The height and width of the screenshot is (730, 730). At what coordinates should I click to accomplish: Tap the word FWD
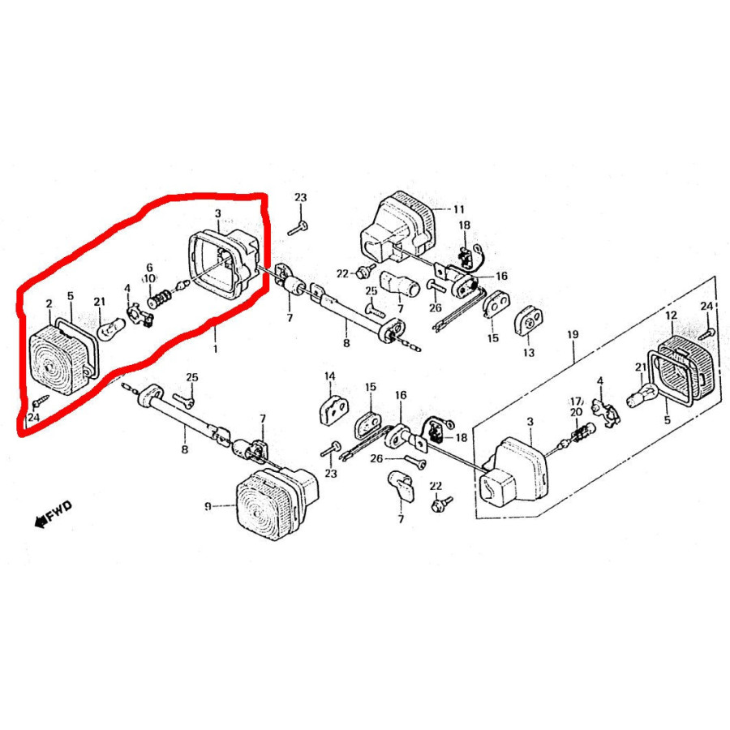point(59,509)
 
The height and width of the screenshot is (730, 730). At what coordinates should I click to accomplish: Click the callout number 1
point(215,348)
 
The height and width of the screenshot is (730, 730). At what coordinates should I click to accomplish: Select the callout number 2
point(49,304)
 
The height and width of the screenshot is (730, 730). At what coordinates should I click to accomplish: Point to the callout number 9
point(208,506)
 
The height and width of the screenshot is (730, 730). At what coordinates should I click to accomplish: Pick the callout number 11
point(458,209)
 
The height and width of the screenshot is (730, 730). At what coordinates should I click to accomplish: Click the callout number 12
point(671,316)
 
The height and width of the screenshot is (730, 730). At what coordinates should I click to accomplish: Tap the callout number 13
point(528,353)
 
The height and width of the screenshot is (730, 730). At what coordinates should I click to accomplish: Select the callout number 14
point(329,376)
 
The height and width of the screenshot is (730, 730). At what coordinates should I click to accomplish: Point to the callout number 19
point(573,334)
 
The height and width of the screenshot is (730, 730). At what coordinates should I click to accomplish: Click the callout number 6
point(149,268)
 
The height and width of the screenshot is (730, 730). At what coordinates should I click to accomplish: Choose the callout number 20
point(576,413)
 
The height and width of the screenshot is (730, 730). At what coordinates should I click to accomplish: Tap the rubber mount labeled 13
point(528,321)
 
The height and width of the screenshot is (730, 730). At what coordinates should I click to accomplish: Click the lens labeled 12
point(685,367)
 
